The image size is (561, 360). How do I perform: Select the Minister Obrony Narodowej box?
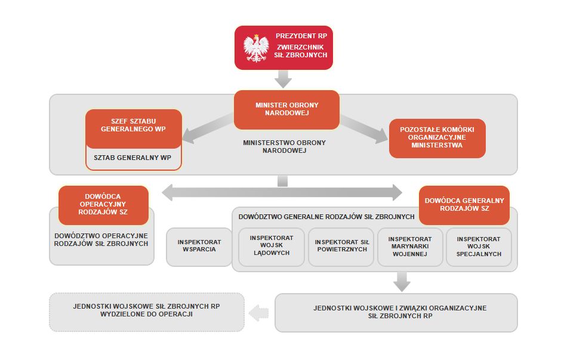tap(286, 109)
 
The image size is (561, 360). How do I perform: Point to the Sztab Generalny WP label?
tap(132, 158)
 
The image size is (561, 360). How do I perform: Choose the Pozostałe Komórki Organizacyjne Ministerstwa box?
tap(437, 138)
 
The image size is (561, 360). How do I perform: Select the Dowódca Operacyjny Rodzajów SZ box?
tap(103, 205)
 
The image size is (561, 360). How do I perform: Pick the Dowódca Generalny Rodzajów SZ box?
tap(464, 205)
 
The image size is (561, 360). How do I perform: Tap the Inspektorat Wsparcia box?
tap(199, 246)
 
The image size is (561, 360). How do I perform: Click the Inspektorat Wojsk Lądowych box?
tap(271, 245)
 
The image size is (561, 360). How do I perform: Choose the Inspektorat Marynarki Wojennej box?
tap(411, 245)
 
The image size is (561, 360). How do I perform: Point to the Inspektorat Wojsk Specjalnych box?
tap(479, 245)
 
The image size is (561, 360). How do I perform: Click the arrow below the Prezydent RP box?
tap(283, 78)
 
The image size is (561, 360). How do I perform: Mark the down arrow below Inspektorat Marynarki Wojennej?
tap(402, 281)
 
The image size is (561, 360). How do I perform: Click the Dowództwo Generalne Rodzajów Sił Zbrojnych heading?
tap(326, 216)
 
